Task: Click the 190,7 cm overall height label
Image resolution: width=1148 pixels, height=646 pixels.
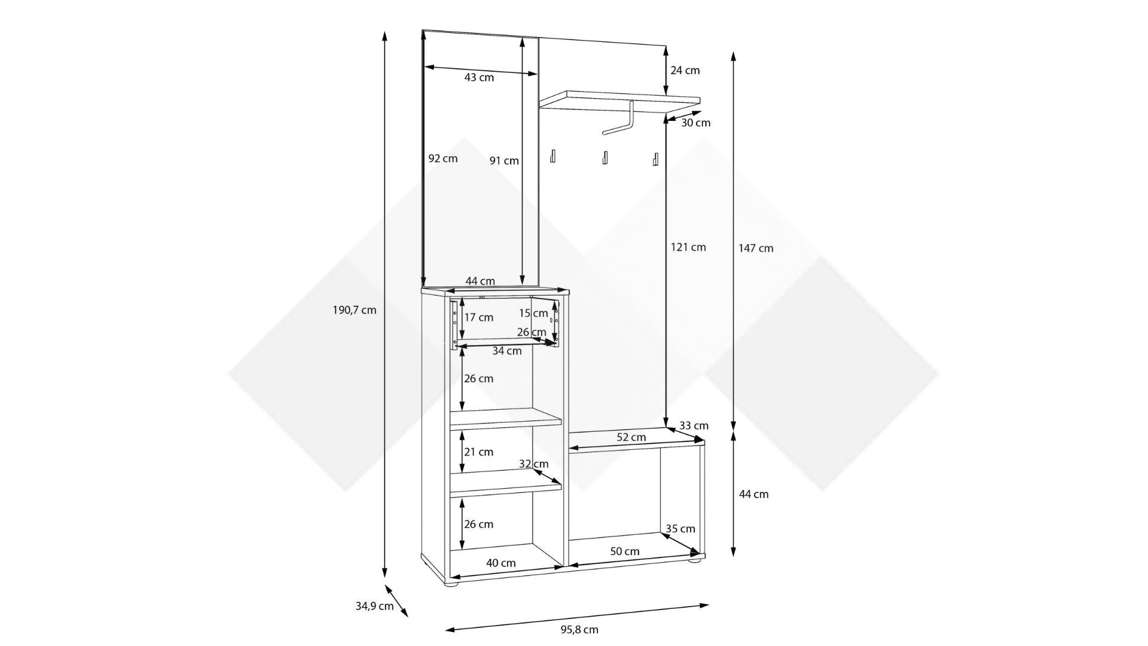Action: coord(355,310)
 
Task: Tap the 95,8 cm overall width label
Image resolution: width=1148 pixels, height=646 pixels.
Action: coord(579,629)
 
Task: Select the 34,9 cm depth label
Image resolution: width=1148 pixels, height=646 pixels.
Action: coord(374,606)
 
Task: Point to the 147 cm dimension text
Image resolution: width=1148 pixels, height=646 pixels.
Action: coord(756,248)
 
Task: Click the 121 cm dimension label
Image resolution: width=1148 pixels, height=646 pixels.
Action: coord(689,247)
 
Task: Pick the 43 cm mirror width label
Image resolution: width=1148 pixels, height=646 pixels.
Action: coord(479,77)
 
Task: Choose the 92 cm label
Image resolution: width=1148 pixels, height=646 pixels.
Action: coord(443,159)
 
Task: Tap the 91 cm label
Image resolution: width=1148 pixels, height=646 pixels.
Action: coord(504,160)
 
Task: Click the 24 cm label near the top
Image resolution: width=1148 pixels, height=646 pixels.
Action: coord(685,70)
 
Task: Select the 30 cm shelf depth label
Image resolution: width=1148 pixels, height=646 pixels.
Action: coord(696,123)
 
